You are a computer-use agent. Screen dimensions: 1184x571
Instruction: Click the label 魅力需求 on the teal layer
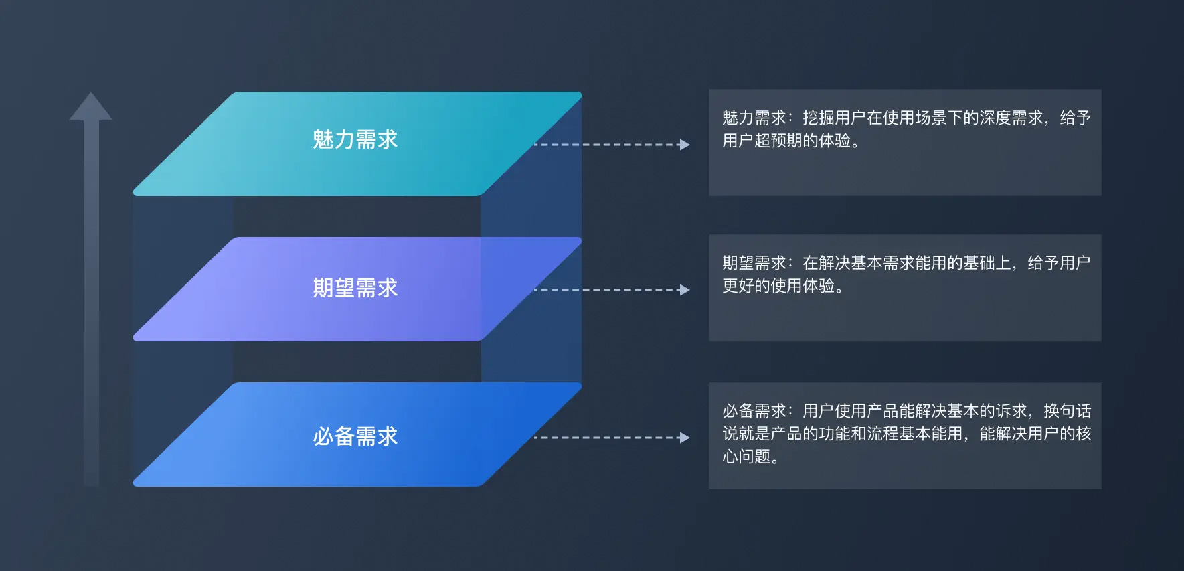coord(355,139)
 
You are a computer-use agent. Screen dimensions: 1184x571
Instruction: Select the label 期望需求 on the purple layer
coord(355,288)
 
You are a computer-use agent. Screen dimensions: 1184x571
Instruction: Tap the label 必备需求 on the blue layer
coord(355,436)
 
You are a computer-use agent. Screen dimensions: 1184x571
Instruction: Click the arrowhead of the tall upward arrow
coord(91,106)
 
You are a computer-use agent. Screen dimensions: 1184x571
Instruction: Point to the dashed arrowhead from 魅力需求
coord(684,145)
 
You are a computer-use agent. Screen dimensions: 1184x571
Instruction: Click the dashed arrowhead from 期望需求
coord(684,290)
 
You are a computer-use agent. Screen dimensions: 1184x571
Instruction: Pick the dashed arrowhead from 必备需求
coord(684,438)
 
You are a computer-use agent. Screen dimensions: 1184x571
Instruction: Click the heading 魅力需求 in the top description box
coord(754,118)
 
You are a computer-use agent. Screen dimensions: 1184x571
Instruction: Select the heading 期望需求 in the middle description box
coord(754,263)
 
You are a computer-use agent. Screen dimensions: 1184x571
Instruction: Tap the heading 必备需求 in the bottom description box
coord(754,410)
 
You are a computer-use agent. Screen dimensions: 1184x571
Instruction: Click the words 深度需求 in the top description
coord(1011,118)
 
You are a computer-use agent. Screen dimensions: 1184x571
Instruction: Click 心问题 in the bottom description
coord(746,457)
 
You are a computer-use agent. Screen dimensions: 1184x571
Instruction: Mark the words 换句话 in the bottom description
coord(1068,410)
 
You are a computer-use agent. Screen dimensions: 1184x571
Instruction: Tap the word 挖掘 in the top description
coord(819,118)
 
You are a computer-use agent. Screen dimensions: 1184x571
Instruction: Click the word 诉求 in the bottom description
coord(1011,410)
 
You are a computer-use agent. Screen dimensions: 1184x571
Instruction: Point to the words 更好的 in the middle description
coord(746,286)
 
